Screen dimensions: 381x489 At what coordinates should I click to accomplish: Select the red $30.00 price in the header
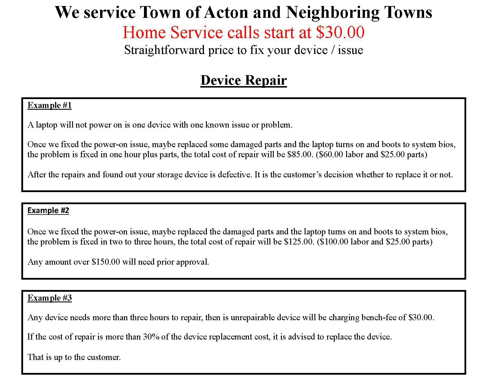tap(340, 32)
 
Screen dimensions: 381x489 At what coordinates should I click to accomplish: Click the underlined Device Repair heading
tap(243, 80)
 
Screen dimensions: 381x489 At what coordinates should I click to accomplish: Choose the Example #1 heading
tap(49, 105)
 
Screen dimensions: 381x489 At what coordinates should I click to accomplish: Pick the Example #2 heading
tap(48, 211)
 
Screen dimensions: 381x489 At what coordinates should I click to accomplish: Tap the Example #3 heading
tap(49, 298)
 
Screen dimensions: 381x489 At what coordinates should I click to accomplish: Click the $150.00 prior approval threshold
tap(106, 262)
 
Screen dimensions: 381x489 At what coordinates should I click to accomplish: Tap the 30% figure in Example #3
tap(151, 337)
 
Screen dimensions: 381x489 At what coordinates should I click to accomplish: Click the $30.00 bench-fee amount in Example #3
tap(421, 317)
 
